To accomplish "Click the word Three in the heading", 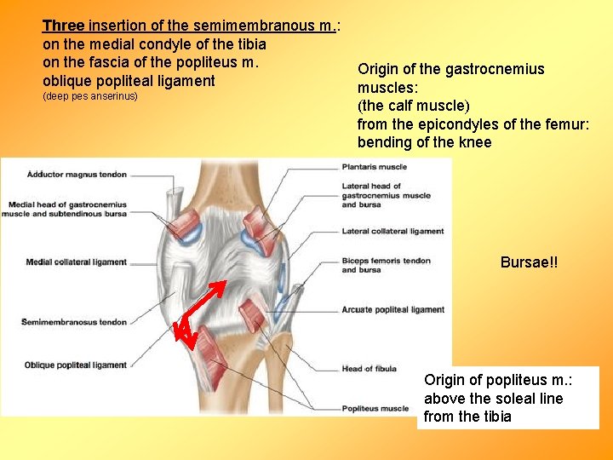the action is [63, 26].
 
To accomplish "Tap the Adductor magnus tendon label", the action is [77, 175].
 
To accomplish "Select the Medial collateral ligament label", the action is [76, 262].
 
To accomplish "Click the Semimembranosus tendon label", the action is [76, 322].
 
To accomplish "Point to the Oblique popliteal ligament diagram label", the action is [76, 365].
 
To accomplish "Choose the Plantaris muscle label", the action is [374, 167].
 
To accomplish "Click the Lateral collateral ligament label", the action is [392, 231].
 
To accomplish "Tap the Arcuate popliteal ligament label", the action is [392, 309].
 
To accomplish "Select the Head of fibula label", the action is [369, 369].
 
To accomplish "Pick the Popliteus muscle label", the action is [375, 409].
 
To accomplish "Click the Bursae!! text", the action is [529, 263].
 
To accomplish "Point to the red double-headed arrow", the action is [201, 314].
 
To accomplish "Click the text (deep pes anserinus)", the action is [89, 96].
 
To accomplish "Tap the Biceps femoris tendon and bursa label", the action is [386, 265].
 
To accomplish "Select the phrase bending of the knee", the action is [424, 142].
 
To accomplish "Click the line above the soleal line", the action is [493, 399].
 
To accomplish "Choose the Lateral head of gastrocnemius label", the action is [386, 195].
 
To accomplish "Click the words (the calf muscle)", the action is [413, 106].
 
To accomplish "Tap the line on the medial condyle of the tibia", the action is [154, 44].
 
